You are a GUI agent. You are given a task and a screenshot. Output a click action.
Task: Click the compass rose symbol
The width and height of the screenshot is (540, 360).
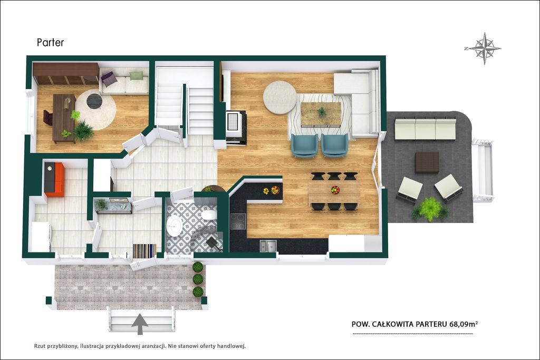point(484,48)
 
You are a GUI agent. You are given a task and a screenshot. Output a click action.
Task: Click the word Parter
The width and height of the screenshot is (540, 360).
point(50,42)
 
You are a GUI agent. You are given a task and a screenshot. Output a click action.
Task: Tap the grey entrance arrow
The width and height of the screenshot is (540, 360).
point(140,324)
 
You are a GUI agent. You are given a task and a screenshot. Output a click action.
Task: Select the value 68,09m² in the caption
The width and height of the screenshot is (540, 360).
point(464,324)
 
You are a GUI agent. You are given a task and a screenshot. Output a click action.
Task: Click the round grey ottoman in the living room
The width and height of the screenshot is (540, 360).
point(279,98)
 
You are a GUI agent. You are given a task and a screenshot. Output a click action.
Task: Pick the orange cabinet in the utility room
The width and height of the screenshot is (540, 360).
point(54,179)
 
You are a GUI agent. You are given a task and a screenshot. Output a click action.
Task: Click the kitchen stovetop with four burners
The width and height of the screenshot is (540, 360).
point(238,221)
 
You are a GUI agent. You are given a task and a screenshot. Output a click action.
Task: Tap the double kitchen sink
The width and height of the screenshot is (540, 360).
point(268,246)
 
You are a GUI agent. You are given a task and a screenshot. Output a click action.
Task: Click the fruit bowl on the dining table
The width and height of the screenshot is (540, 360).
point(335,190)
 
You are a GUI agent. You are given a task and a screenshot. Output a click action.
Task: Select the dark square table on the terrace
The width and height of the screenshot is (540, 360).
point(427,162)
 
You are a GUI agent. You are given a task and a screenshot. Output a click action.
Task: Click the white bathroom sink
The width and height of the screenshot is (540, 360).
point(175,226)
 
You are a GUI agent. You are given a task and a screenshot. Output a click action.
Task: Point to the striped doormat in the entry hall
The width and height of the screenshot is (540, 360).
point(144,251)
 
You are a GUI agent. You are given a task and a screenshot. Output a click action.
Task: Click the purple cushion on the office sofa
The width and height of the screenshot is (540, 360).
point(109,79)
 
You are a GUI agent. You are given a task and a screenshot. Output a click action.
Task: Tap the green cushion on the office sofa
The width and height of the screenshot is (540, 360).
point(137,75)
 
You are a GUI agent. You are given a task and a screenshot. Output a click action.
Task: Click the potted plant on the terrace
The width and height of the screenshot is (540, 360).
point(430,209)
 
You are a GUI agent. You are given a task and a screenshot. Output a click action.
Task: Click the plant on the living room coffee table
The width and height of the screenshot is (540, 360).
point(322,112)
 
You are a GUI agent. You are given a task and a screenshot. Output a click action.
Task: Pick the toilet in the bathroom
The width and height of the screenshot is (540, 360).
point(209,215)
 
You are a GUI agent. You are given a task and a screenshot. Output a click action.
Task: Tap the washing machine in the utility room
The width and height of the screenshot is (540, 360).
point(41,237)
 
